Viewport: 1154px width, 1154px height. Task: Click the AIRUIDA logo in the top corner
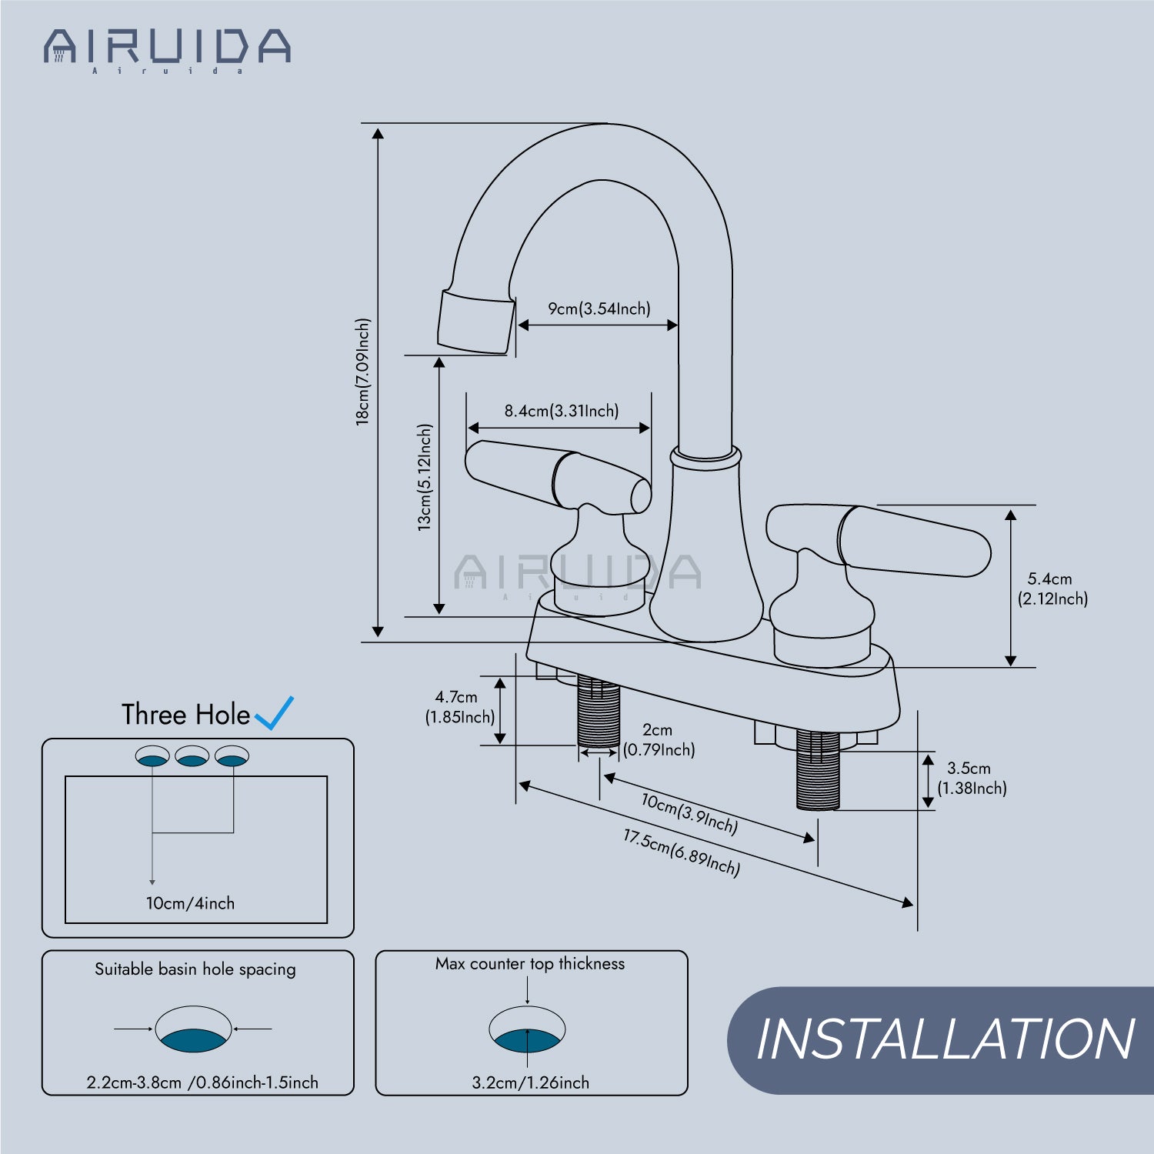click(x=167, y=50)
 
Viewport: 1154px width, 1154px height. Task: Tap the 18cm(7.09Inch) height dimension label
click(x=362, y=372)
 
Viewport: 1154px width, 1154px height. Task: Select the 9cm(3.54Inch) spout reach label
click(x=599, y=309)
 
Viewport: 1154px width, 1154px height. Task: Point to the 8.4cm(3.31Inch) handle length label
click(x=562, y=411)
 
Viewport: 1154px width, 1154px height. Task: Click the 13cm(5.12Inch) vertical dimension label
click(x=425, y=477)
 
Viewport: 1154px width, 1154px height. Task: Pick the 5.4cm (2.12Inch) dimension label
click(x=1052, y=589)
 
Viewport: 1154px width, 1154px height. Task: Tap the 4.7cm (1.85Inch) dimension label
click(x=460, y=707)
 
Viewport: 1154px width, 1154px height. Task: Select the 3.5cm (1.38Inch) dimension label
click(x=972, y=778)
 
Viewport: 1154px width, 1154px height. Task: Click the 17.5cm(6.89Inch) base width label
click(x=682, y=852)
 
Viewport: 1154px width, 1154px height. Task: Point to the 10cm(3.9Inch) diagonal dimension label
click(x=690, y=814)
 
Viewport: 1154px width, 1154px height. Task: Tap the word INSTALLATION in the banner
click(x=946, y=1039)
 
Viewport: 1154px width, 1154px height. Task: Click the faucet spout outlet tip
click(x=475, y=322)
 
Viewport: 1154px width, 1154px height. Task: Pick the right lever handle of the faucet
click(x=879, y=539)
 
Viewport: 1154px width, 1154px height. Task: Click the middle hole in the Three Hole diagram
click(x=192, y=756)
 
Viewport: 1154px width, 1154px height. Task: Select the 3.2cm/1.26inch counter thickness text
click(x=531, y=1082)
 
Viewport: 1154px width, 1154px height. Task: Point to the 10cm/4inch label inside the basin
click(x=191, y=903)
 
